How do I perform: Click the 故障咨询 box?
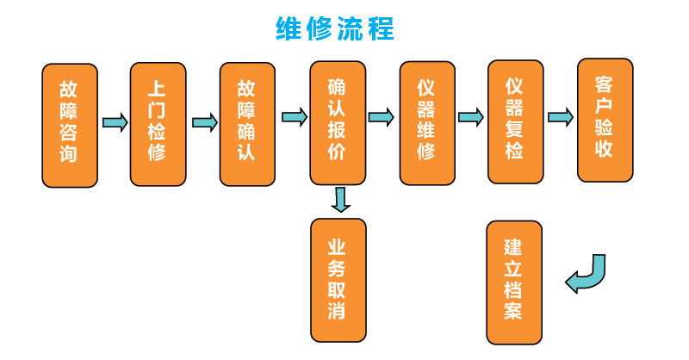70,124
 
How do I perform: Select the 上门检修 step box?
158,123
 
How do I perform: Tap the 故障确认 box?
247,123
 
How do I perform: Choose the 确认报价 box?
338,123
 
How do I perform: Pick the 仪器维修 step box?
427,123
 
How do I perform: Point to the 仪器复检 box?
515,121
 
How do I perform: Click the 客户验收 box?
605,120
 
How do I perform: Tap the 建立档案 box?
514,282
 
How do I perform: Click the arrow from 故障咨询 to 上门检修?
115,121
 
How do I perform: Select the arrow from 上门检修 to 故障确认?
204,121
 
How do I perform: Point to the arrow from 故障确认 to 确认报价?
294,117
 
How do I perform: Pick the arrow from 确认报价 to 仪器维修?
382,116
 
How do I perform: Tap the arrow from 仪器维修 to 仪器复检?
470,116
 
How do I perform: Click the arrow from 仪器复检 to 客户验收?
560,117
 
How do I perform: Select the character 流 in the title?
350,28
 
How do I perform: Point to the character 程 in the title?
380,28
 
